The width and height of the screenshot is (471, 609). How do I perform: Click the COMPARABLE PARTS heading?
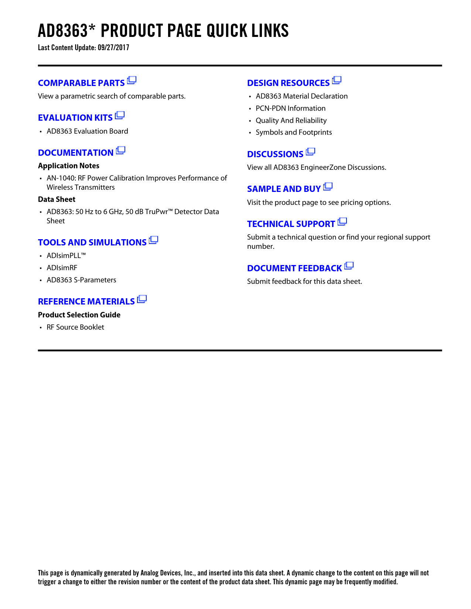point(81,83)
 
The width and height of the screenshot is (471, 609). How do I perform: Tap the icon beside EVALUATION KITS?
point(120,116)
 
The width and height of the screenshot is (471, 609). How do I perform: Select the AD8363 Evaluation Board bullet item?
point(87,131)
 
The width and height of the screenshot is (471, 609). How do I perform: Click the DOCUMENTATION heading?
point(76,153)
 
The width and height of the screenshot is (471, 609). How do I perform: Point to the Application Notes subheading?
point(69,166)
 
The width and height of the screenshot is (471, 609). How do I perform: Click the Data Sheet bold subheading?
point(57,199)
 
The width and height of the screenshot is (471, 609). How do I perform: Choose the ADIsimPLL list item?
point(66,256)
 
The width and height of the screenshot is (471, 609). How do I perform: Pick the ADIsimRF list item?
point(62,268)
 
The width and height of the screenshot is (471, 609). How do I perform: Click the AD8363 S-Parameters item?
point(81,280)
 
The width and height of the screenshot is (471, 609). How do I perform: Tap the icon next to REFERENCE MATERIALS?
point(142,299)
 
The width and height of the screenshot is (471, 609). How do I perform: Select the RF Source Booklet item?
point(75,327)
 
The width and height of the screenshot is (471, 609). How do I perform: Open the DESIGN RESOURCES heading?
point(288,83)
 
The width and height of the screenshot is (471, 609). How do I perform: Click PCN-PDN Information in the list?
point(290,109)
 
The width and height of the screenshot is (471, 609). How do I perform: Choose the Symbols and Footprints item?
point(294,133)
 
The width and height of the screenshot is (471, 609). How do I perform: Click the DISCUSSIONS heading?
point(275,154)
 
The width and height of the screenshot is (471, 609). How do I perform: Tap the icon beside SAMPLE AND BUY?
point(328,187)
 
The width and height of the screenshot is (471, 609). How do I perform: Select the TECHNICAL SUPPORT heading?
point(291,224)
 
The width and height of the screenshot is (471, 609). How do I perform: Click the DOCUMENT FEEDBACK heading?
point(294,268)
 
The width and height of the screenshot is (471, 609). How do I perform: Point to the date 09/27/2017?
point(113,48)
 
